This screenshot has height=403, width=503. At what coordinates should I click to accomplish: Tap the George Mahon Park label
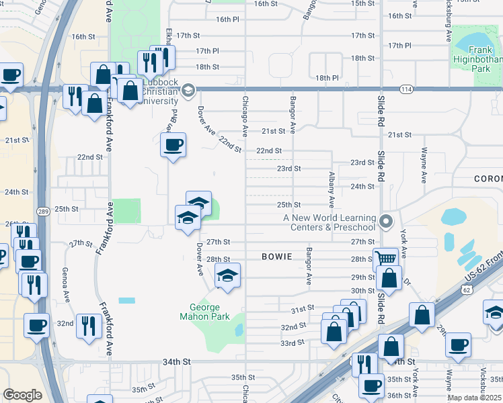point(204,312)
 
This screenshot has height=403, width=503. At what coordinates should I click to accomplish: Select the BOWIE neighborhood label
point(277,257)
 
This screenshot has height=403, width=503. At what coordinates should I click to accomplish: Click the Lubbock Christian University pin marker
point(188,89)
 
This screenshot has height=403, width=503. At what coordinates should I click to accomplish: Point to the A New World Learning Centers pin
point(386,220)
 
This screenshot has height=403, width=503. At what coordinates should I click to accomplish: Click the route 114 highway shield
point(405,89)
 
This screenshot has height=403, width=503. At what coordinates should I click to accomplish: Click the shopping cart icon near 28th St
point(384,259)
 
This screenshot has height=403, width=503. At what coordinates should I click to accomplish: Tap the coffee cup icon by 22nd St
point(173,144)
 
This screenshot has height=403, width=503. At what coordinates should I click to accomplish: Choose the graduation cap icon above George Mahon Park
point(227,275)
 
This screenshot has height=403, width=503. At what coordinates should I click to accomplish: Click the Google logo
point(22,395)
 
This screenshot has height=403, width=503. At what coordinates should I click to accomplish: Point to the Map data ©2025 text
point(475,398)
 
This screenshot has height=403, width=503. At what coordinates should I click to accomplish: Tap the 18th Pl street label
point(326,78)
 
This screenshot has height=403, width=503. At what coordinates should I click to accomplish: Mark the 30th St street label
point(362,290)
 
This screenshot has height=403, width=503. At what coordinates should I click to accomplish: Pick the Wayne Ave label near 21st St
point(424,166)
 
